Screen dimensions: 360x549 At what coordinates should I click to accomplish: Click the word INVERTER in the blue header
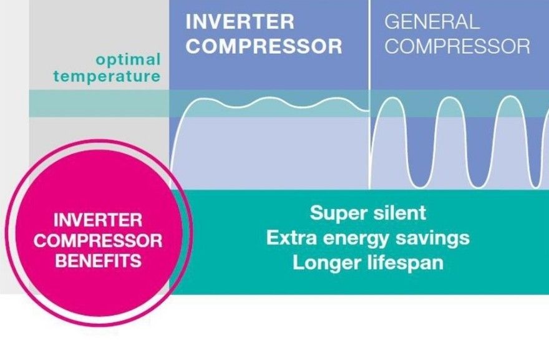[240, 21]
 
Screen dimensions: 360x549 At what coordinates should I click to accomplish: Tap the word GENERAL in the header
[432, 21]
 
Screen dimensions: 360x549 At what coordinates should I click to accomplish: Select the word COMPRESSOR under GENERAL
[457, 46]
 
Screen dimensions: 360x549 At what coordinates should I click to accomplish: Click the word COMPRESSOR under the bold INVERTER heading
[265, 46]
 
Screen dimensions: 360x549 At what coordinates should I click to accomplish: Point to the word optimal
[128, 60]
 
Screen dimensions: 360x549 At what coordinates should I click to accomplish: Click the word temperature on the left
[107, 77]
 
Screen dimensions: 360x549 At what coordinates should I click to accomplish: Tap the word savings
[438, 238]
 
